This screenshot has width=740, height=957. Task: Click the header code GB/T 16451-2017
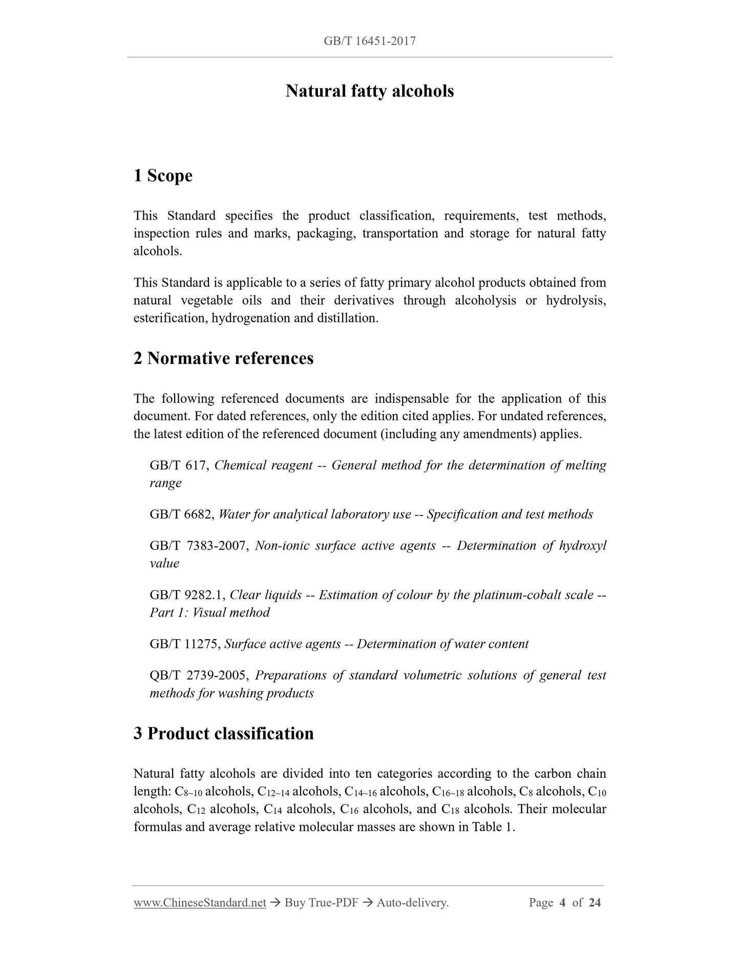(369, 41)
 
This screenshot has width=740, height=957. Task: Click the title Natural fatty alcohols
(370, 91)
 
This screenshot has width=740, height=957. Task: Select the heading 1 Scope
(163, 176)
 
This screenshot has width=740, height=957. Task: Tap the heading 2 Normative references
(223, 358)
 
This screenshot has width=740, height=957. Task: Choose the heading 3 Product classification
(223, 733)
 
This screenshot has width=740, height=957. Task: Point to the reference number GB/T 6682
(181, 514)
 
